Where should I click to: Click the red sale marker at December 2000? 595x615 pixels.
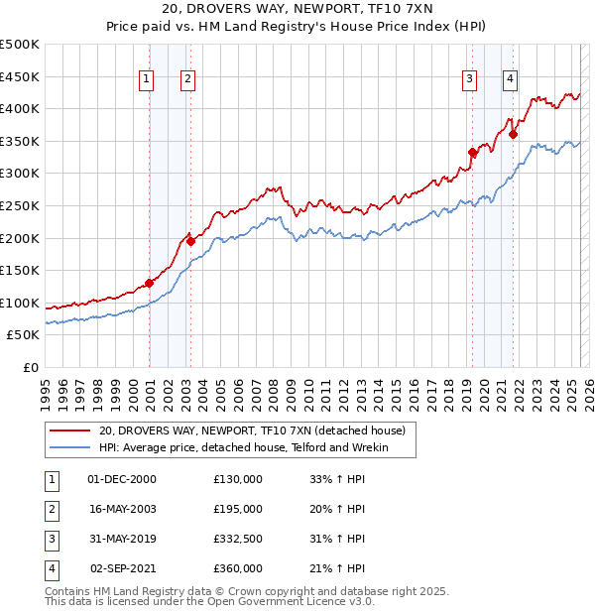click(x=149, y=283)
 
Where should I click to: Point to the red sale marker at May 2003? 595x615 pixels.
click(x=191, y=241)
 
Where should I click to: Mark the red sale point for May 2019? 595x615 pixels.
click(x=472, y=152)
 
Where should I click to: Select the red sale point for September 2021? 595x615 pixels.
click(x=513, y=134)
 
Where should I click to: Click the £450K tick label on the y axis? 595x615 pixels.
click(x=20, y=76)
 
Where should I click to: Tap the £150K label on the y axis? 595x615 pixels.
click(x=20, y=270)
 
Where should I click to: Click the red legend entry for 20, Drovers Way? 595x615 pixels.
click(x=252, y=431)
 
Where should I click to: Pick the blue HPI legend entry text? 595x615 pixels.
click(x=244, y=448)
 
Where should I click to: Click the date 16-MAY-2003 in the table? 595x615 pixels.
click(x=122, y=510)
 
